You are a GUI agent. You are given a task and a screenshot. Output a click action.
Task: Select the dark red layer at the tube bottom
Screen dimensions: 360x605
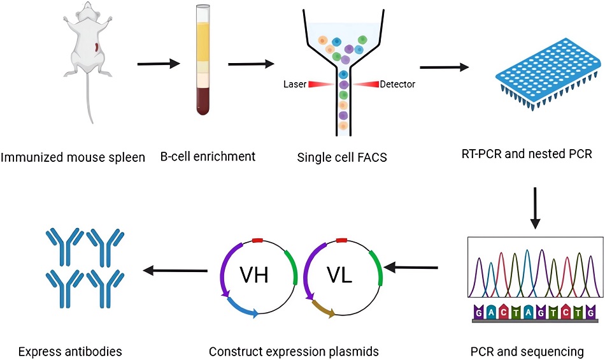(x=202, y=101)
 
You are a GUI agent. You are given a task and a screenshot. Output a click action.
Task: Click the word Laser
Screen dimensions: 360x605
(x=295, y=84)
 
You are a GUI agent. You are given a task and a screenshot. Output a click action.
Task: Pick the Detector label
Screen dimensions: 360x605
(x=398, y=84)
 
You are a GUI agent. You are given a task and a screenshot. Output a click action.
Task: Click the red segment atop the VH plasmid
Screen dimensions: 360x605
(x=258, y=241)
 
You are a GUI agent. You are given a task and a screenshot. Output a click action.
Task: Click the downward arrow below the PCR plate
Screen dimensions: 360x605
(x=535, y=207)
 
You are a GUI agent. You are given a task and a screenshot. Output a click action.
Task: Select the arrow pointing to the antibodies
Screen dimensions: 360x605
(x=176, y=271)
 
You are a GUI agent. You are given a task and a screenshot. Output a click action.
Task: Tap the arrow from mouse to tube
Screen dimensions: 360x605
(x=158, y=64)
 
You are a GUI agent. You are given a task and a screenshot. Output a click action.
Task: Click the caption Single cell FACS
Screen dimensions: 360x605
(x=343, y=157)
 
